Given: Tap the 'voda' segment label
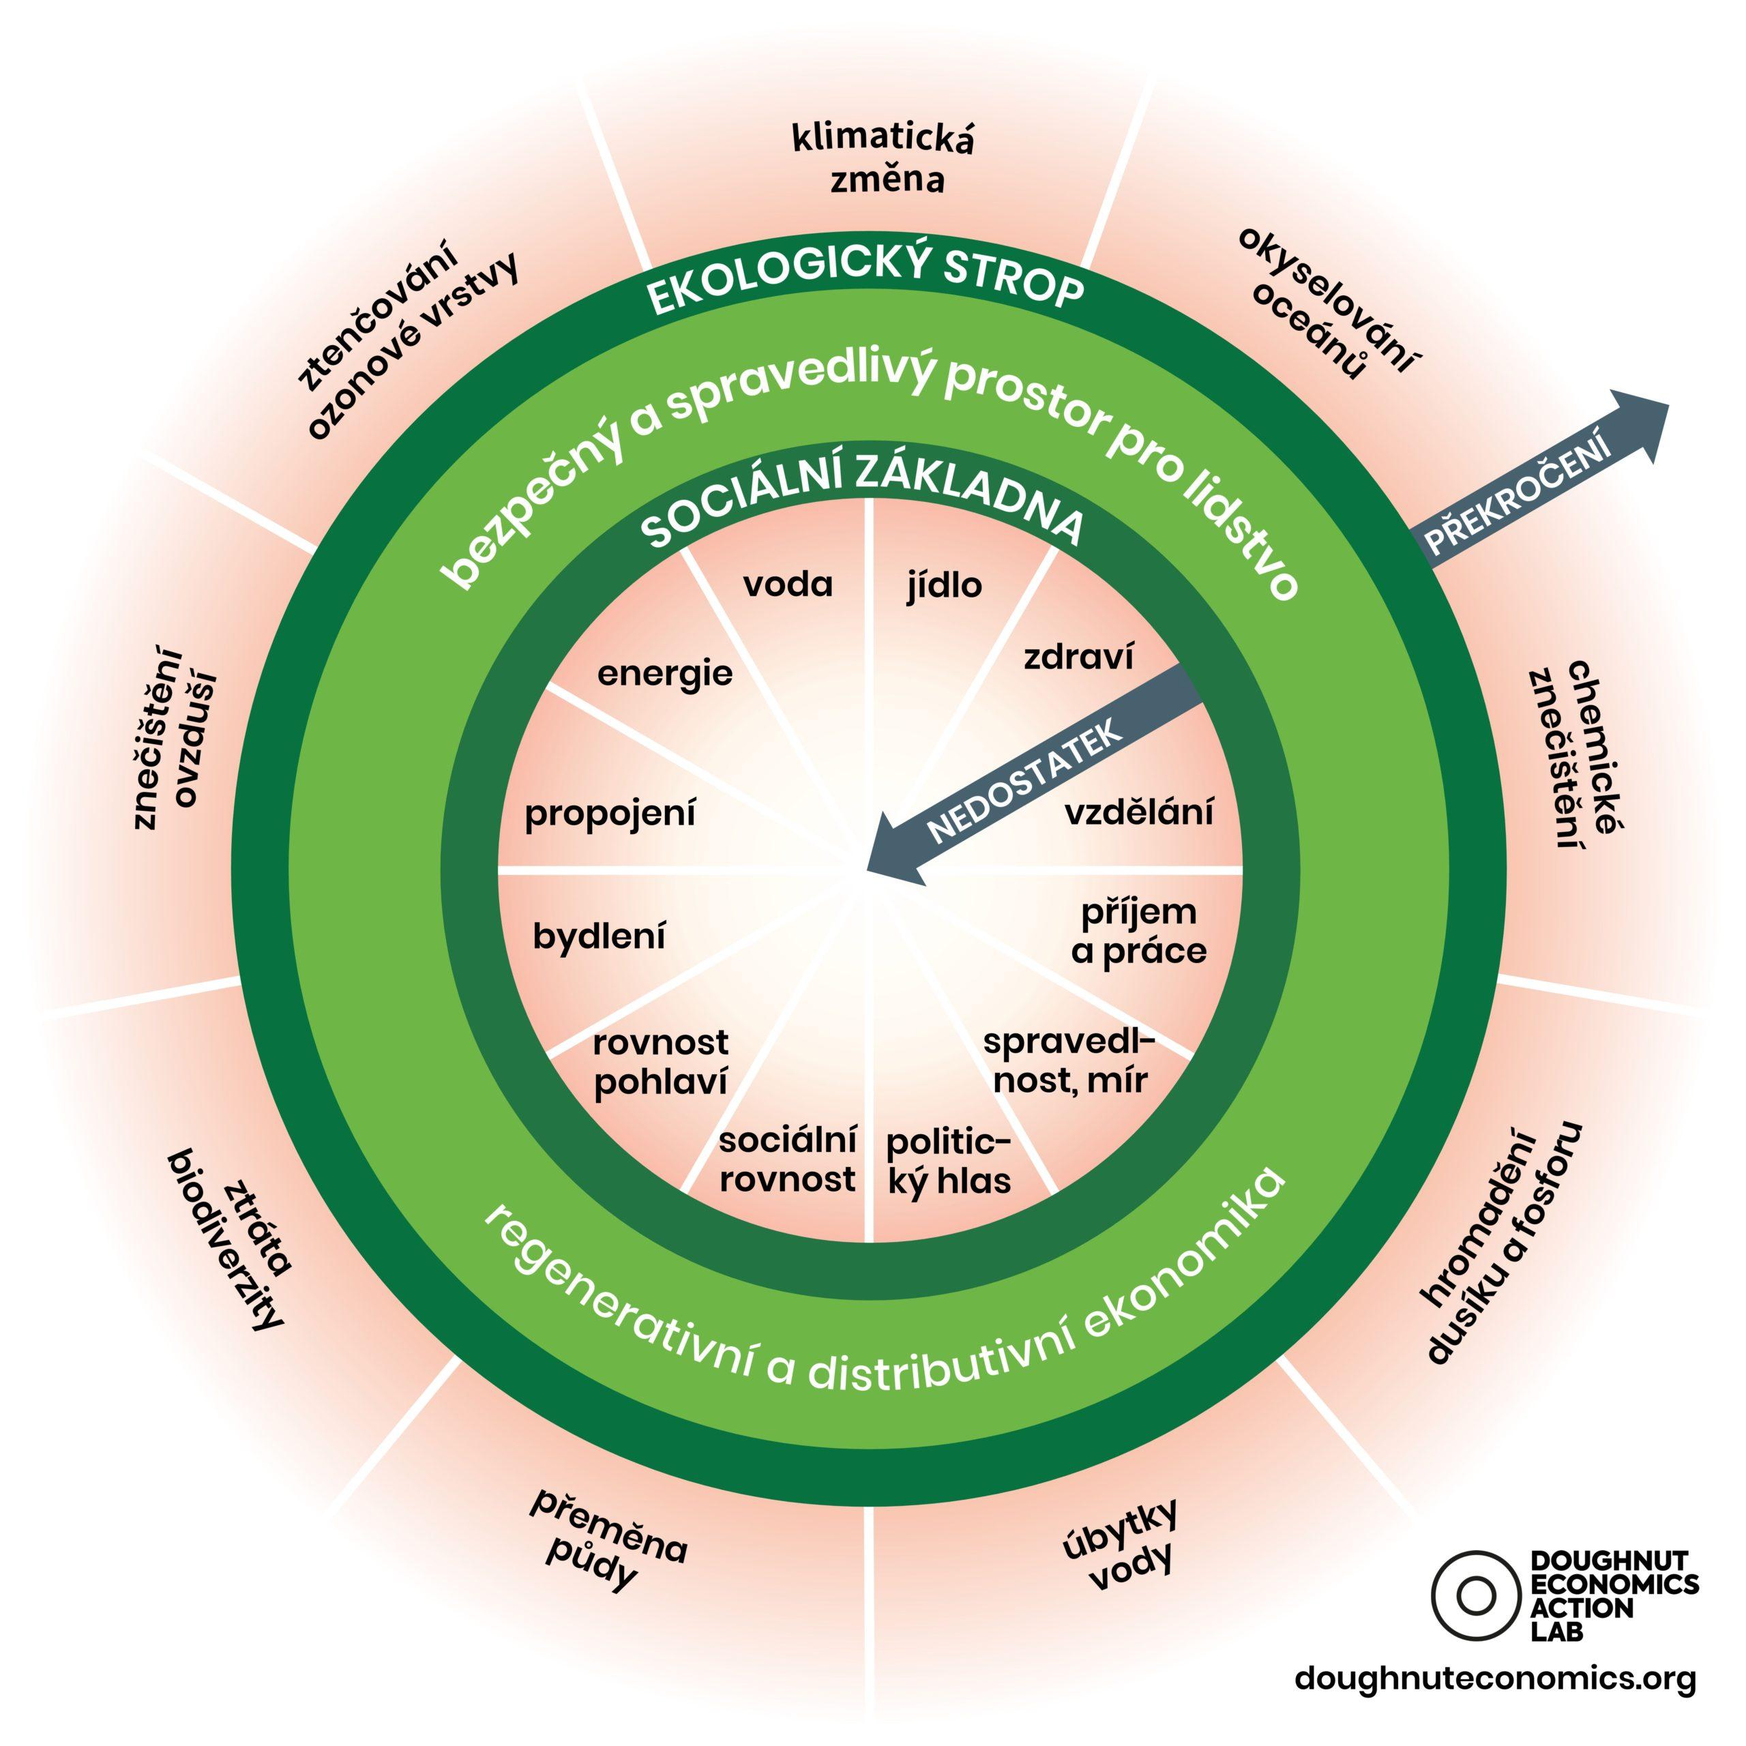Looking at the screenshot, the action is click(x=788, y=586).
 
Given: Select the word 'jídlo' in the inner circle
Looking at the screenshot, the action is click(x=945, y=587).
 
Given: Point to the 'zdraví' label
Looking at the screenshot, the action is click(x=1078, y=658).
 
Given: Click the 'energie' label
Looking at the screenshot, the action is click(x=665, y=674).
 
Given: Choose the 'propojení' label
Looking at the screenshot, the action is click(x=611, y=814).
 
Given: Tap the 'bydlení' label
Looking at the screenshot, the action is click(x=600, y=937).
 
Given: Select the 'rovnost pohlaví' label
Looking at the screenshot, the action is click(x=661, y=1063).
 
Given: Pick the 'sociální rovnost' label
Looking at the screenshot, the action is click(x=787, y=1160).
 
